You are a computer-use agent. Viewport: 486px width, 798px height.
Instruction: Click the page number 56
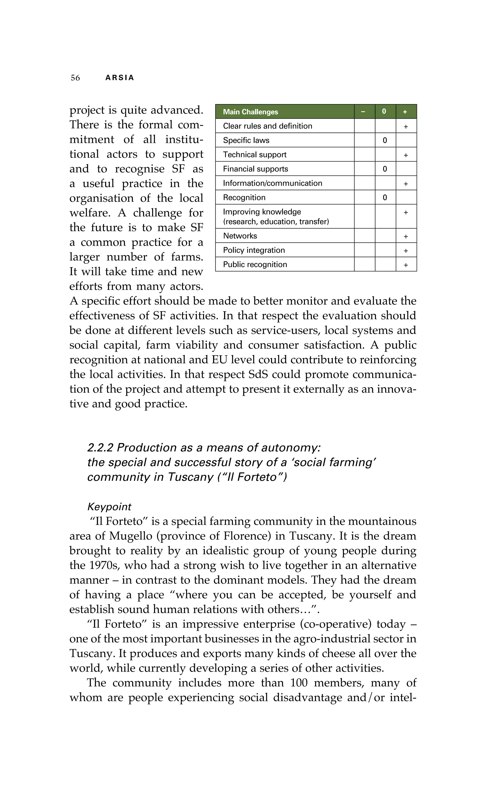(x=75, y=78)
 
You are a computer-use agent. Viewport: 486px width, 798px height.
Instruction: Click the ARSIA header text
(x=120, y=78)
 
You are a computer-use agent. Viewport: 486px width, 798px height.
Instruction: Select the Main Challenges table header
(x=250, y=112)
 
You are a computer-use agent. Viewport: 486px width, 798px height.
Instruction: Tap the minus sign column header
(x=363, y=112)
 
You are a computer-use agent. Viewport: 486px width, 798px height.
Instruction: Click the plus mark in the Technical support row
(x=406, y=155)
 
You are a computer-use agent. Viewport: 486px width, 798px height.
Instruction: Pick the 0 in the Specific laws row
(x=385, y=140)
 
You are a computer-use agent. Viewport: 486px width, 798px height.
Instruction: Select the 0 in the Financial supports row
(x=385, y=169)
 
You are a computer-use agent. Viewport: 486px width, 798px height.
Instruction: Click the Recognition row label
(x=244, y=197)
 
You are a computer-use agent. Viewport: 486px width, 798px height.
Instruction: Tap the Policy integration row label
(x=254, y=250)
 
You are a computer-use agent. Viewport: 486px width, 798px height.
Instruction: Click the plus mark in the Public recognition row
(x=406, y=265)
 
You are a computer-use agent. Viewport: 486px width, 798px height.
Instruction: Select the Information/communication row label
(x=272, y=183)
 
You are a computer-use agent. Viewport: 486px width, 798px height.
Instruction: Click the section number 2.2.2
(x=100, y=447)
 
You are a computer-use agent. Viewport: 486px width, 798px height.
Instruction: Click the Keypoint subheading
(x=109, y=507)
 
